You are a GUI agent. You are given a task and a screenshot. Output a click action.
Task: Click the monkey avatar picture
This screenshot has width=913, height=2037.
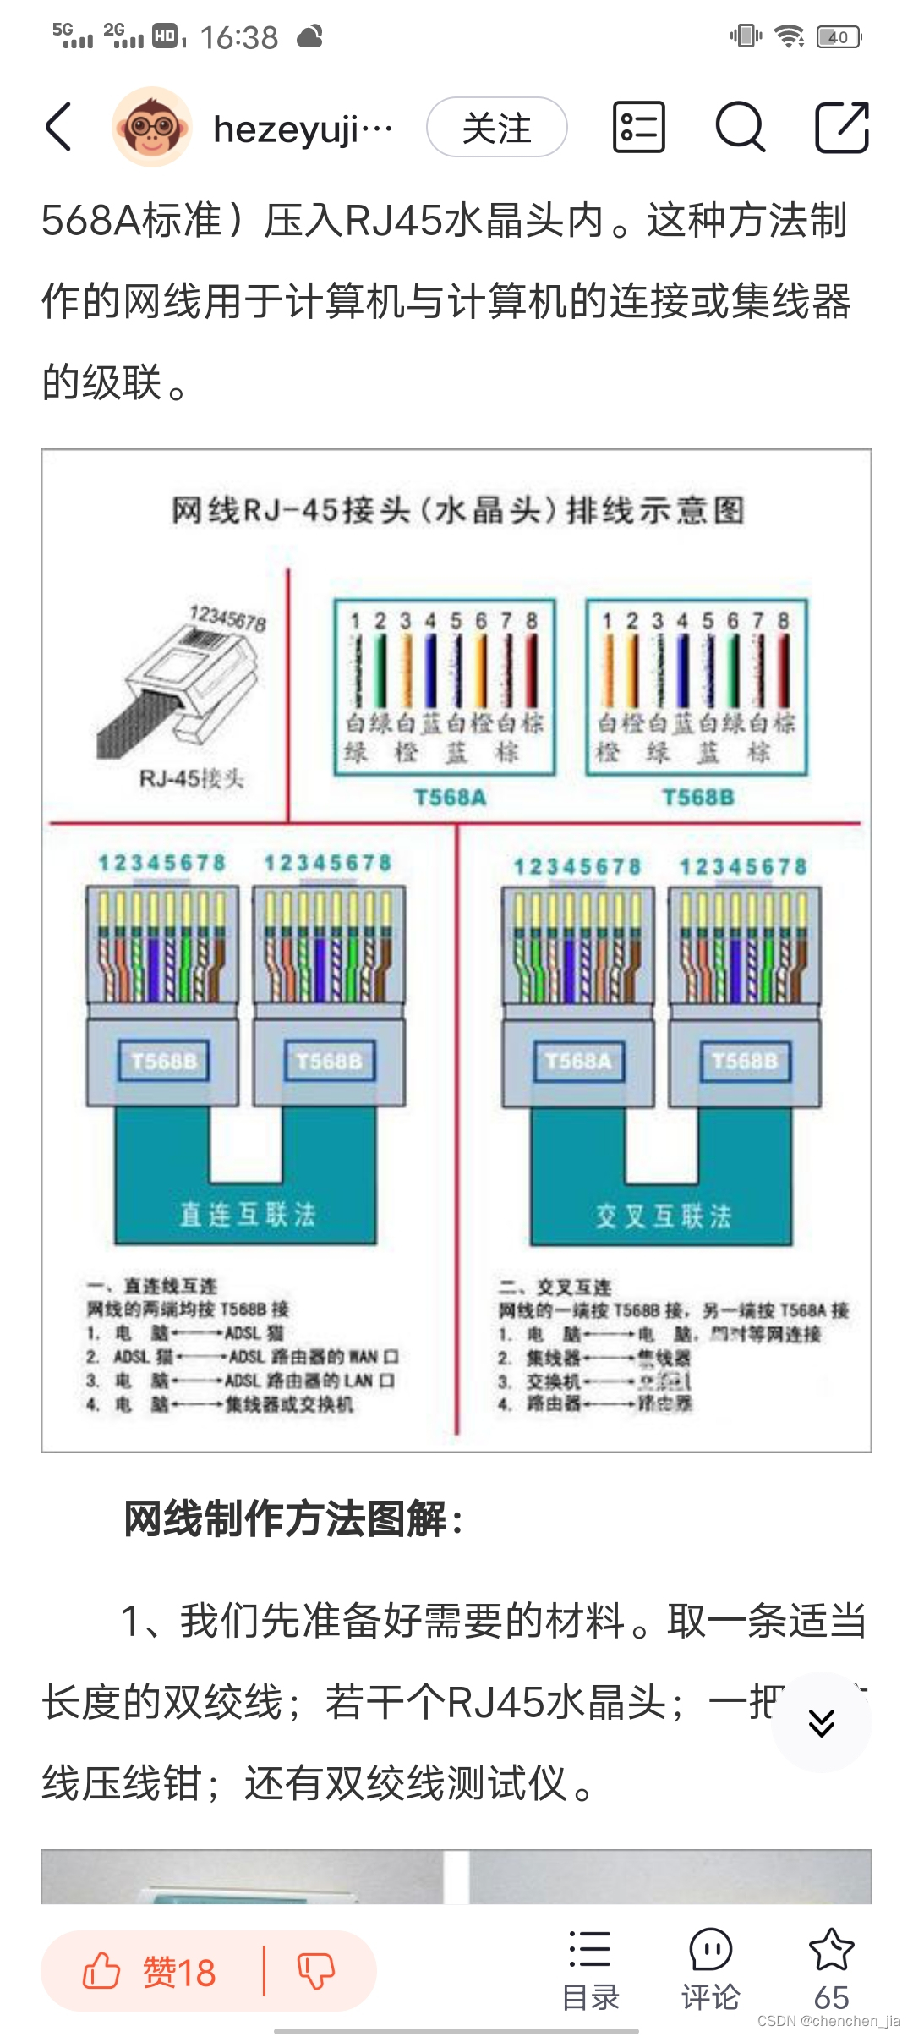coord(152,127)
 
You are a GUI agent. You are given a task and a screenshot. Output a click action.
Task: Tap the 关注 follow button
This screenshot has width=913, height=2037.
coord(496,128)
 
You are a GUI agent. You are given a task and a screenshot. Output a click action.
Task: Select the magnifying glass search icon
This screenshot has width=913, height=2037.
coord(740,127)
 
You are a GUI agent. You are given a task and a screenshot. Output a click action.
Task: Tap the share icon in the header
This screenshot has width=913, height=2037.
coord(841,127)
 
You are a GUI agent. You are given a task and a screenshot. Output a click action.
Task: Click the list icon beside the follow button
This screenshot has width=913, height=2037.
coord(638,127)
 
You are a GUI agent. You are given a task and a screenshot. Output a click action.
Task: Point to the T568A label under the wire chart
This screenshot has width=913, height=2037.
coord(450,797)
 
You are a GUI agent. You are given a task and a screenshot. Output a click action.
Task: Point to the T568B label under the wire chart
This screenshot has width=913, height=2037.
coord(698,797)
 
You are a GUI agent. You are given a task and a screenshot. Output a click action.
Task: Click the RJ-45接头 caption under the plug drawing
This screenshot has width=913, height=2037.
coord(192,777)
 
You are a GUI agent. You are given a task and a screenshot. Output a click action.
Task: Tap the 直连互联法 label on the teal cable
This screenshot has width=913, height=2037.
coord(247,1215)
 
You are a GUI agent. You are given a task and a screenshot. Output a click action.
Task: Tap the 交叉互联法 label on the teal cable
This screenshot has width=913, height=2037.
coord(663,1216)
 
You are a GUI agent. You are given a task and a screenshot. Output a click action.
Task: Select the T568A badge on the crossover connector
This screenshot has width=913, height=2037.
coord(578,1061)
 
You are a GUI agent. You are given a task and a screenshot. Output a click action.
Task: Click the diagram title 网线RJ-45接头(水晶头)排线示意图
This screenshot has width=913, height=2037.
coord(457,510)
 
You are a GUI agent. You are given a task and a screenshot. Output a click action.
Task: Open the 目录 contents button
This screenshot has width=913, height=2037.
coord(590,1970)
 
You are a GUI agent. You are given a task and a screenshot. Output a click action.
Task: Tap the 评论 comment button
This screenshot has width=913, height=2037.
coord(710,1970)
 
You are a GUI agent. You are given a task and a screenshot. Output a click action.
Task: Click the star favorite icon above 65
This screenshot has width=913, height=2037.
coord(831,1950)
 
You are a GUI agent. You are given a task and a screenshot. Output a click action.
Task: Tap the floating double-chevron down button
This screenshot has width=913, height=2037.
coord(821,1722)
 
